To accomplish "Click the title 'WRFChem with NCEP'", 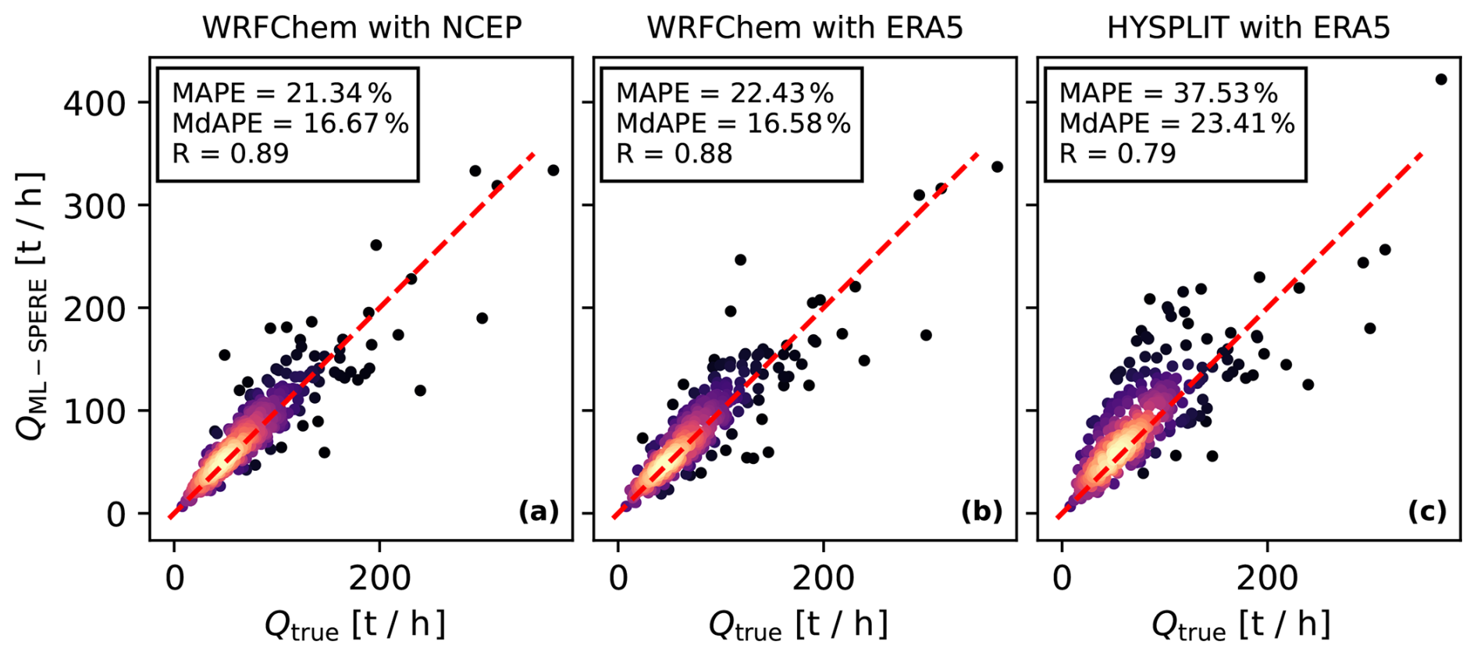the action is pos(361,28).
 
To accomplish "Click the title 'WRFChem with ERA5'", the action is pos(805,28).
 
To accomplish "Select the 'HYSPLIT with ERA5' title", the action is pos(1248,28).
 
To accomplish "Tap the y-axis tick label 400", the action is pos(94,103).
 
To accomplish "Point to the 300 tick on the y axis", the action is pos(94,206).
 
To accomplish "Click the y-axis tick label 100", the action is pos(94,412).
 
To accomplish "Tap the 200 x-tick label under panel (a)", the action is pos(379,579).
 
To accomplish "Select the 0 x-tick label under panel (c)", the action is pos(1062,579).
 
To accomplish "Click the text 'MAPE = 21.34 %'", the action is pos(282,94).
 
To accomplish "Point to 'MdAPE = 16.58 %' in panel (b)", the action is pos(733,123).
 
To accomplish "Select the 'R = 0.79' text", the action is pos(1117,153).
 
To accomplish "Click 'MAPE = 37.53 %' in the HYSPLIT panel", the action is pos(1169,94).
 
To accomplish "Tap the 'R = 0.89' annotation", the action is pos(230,153).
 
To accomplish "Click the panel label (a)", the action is pos(539,512).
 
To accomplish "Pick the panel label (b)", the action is pos(982,512).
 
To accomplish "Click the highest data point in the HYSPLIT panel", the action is pos(1441,80).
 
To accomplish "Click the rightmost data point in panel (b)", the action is pos(997,167).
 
